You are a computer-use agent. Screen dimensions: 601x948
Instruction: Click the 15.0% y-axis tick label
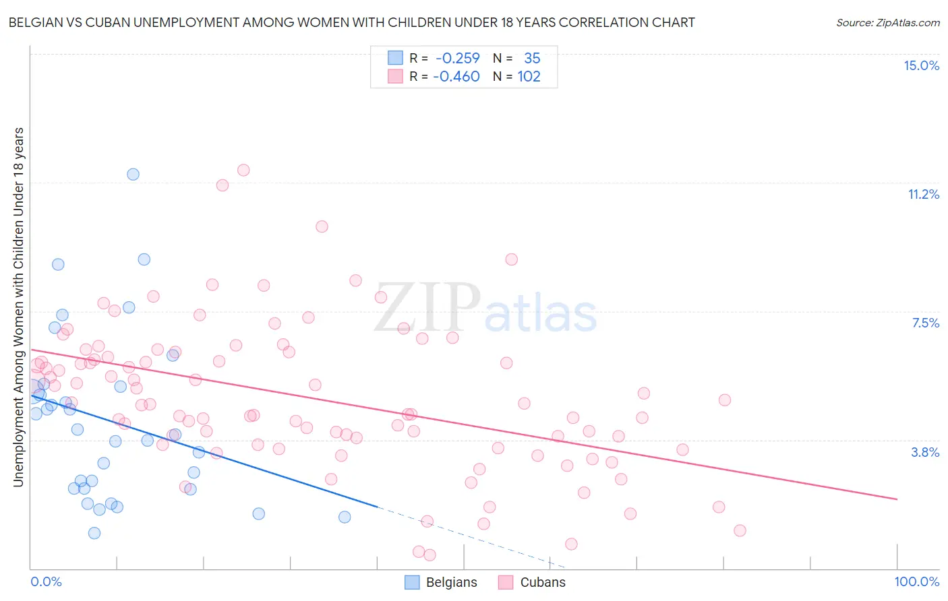921,65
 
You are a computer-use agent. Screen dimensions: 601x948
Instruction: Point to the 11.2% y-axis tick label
923,194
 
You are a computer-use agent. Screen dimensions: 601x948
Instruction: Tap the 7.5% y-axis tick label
925,323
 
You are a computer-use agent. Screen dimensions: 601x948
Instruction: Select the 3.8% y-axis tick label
925,452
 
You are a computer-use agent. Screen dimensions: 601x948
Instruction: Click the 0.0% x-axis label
46,581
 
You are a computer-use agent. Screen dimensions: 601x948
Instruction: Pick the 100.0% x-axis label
916,581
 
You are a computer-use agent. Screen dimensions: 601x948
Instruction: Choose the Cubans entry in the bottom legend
532,582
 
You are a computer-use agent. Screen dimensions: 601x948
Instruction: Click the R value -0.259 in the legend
457,58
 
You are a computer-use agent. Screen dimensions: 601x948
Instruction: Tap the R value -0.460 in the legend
456,76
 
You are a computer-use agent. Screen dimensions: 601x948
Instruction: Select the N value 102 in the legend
529,76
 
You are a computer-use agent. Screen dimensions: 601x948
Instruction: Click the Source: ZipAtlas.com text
887,22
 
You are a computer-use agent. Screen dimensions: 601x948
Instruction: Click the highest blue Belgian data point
134,175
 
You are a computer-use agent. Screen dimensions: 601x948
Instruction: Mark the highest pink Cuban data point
243,170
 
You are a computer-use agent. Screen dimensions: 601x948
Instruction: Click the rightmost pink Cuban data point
740,530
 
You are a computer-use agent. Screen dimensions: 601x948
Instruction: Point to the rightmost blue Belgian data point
345,517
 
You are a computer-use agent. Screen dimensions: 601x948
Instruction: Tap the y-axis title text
18,307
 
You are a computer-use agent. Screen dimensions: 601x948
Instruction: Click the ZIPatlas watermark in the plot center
485,309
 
